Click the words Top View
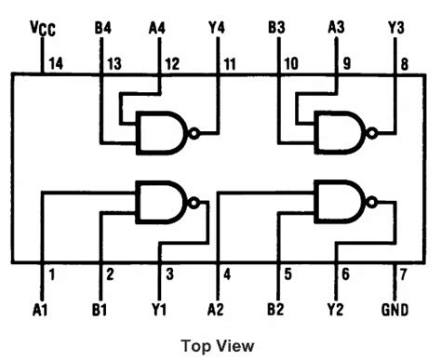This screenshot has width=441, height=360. click(218, 346)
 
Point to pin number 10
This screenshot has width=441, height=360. click(289, 64)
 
